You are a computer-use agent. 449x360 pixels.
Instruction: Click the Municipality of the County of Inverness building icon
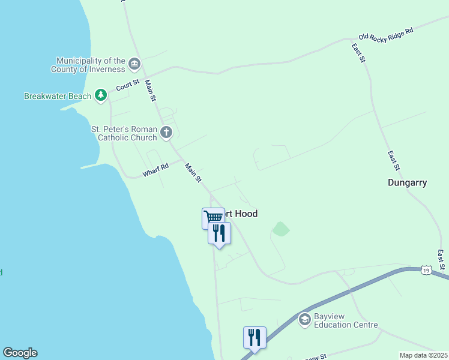click(134, 64)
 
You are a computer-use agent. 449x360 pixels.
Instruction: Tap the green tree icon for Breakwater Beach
click(101, 95)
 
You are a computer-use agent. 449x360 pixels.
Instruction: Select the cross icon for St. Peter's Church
click(166, 132)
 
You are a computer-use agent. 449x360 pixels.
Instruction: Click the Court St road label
click(128, 85)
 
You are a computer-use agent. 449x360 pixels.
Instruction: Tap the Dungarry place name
click(407, 182)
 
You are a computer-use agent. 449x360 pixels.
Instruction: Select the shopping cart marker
click(213, 217)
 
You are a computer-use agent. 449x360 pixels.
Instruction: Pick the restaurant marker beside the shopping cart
click(219, 232)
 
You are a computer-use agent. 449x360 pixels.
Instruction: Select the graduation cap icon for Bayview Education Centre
click(304, 319)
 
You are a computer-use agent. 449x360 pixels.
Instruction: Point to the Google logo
click(20, 353)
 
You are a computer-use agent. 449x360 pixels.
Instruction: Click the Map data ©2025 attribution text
click(423, 355)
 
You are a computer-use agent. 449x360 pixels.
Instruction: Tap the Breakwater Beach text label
click(58, 96)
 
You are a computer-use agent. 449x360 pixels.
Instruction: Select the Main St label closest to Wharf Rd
click(193, 173)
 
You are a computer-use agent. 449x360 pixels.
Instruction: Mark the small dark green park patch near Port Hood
click(280, 229)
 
